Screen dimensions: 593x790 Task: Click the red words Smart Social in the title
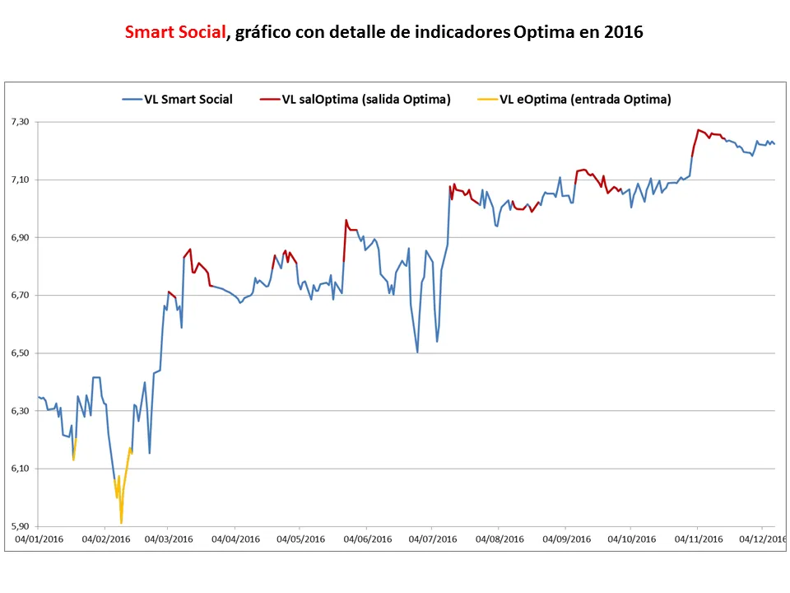[x=174, y=33]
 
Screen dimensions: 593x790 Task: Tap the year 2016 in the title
[x=623, y=33]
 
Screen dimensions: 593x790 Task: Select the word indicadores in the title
[x=460, y=33]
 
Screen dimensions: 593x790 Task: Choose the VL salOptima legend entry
[x=365, y=100]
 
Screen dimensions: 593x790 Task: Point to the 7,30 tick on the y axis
[x=19, y=122]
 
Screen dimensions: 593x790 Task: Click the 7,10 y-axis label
[x=19, y=180]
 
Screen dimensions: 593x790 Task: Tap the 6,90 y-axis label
[x=19, y=237]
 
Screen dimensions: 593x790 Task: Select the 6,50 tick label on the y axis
[x=19, y=353]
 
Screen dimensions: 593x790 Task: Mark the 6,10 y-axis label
[x=19, y=469]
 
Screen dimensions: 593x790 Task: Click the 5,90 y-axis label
[x=19, y=526]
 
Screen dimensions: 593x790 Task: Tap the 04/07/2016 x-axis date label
[x=433, y=539]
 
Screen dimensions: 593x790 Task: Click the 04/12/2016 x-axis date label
[x=762, y=539]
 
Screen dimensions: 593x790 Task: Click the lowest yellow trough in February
[x=121, y=523]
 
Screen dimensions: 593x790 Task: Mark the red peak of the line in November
[x=698, y=129]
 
